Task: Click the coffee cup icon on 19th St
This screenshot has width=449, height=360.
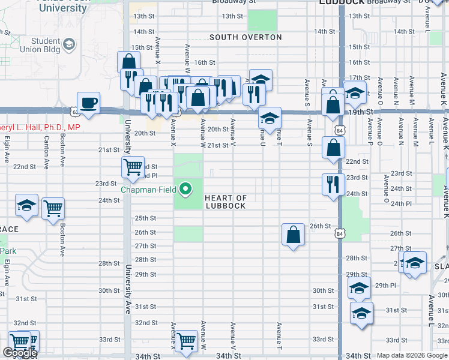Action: tap(88, 103)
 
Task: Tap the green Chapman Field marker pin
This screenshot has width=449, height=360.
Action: tap(185, 190)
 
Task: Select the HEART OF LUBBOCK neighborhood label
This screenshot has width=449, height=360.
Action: tap(225, 202)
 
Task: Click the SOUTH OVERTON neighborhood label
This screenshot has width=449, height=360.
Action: tap(246, 37)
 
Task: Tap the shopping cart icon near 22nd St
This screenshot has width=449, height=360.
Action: tap(132, 166)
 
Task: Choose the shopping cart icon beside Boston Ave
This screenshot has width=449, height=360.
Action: tap(53, 208)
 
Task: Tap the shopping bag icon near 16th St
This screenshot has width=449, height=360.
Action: tap(128, 61)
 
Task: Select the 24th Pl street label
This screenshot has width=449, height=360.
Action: tap(400, 204)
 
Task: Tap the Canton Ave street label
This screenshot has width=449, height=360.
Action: tap(46, 155)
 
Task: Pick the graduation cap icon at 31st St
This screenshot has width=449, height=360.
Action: tap(361, 313)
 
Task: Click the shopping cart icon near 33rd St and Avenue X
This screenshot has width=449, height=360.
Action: tap(186, 340)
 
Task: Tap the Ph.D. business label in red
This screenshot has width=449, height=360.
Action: tap(40, 127)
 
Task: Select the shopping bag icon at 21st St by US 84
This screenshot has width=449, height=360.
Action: tap(333, 147)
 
